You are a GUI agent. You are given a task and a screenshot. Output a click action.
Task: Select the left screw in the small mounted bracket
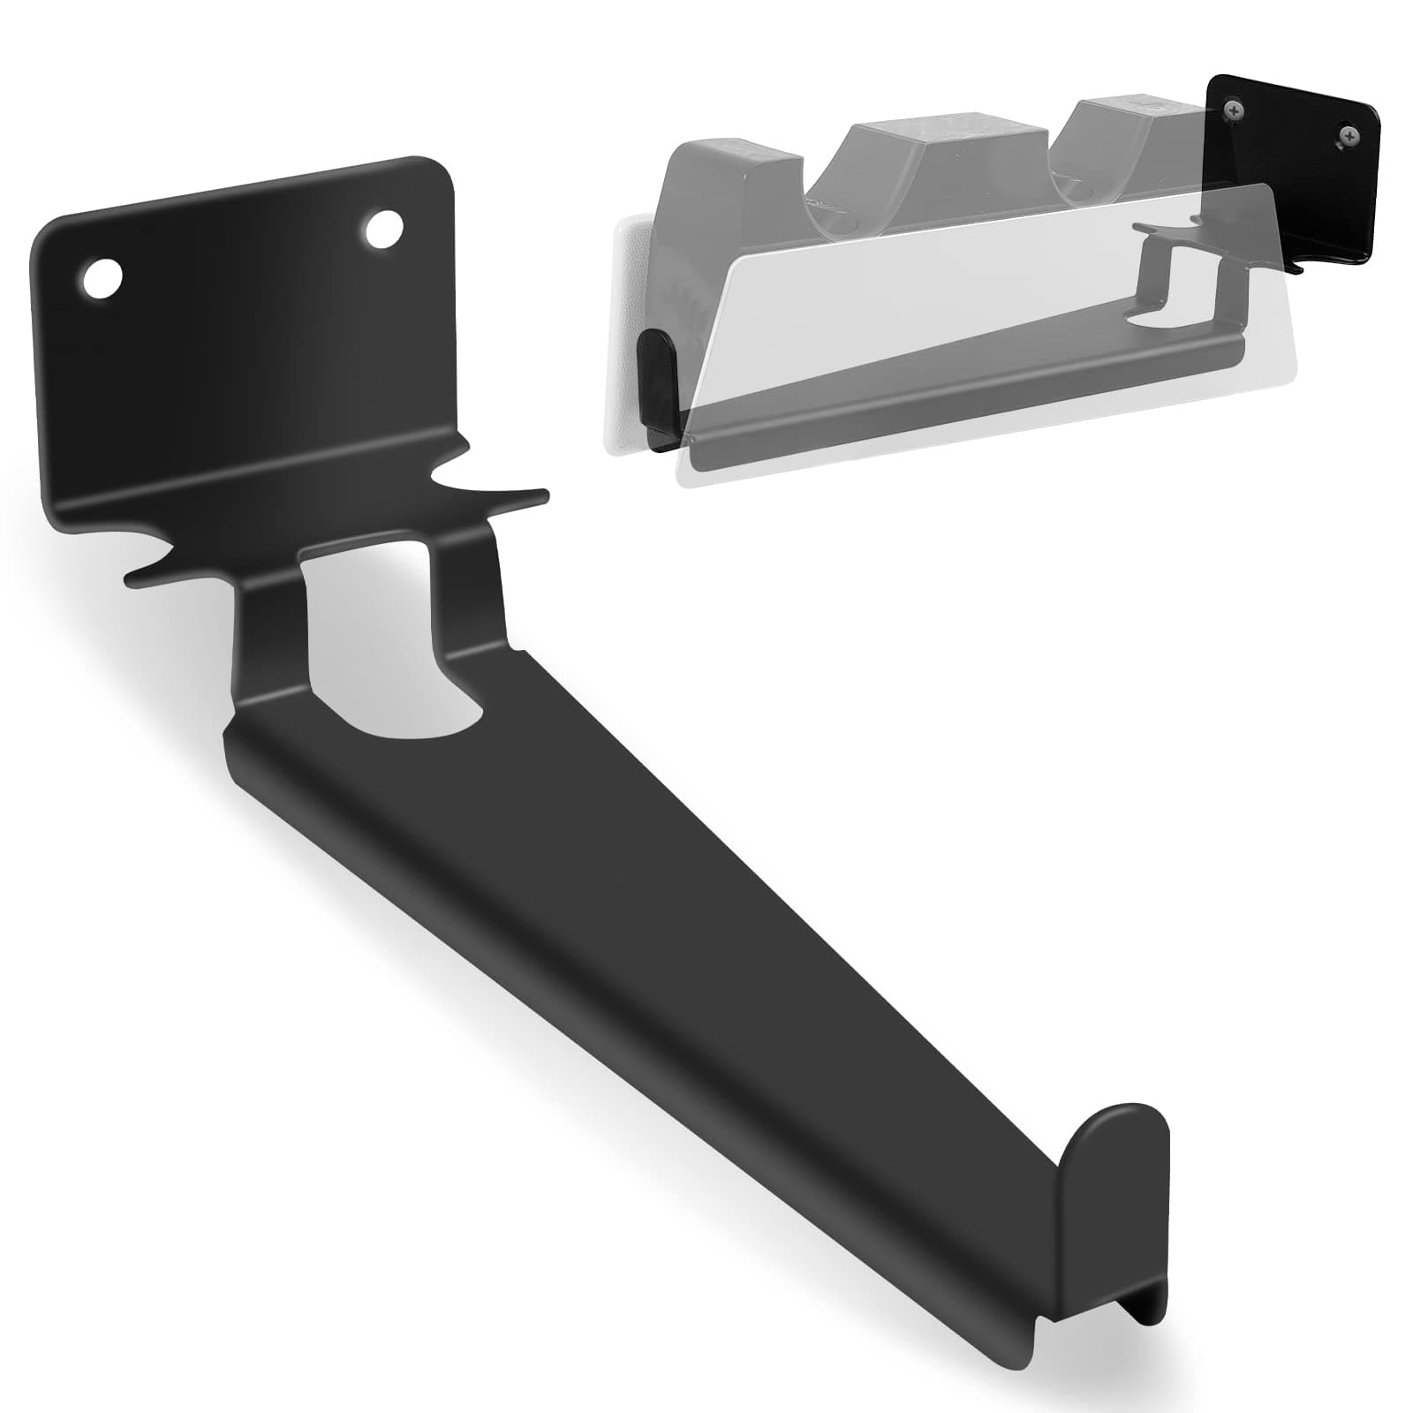pyautogui.click(x=1230, y=110)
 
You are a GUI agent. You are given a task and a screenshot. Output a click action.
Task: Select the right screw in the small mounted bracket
pyautogui.click(x=1349, y=135)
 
